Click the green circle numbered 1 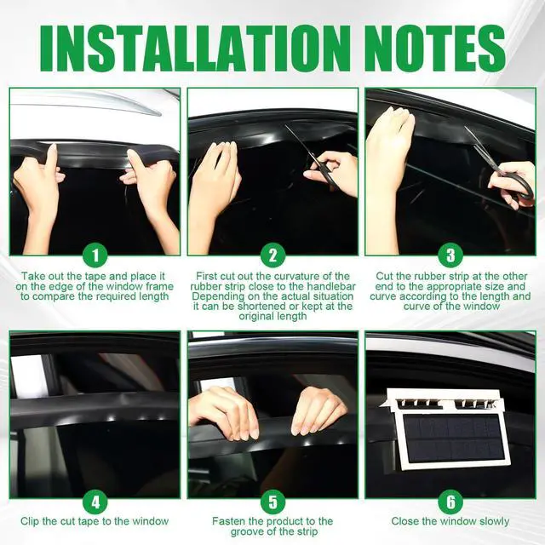(95, 255)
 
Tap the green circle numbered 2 (272, 255)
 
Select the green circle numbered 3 (450, 255)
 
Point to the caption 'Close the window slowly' (450, 521)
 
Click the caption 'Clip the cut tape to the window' (95, 521)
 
